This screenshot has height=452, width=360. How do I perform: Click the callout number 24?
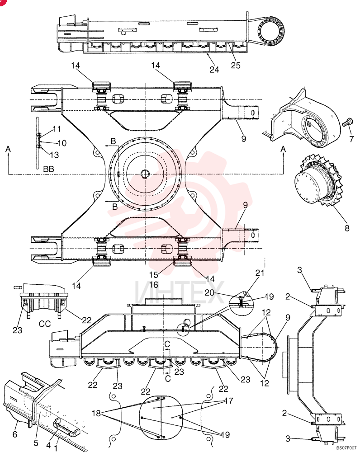(214, 70)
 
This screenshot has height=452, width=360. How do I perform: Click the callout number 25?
(235, 65)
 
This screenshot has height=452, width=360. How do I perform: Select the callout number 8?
(347, 228)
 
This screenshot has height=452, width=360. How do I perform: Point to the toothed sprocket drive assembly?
(317, 180)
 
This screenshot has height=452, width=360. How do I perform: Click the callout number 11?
(57, 128)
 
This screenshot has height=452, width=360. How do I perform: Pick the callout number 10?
(62, 143)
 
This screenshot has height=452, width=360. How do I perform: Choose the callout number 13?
(54, 155)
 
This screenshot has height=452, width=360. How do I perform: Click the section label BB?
(48, 169)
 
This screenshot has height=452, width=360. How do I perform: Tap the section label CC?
(45, 324)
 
